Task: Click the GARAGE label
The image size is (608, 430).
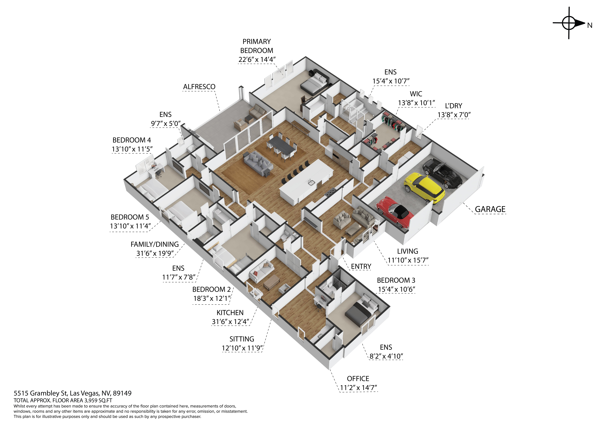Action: (490, 209)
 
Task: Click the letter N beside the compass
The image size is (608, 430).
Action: (590, 25)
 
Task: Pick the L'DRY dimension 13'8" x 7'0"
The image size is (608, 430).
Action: (454, 115)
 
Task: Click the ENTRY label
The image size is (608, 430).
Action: (361, 266)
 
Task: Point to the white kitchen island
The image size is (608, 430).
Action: (306, 182)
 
